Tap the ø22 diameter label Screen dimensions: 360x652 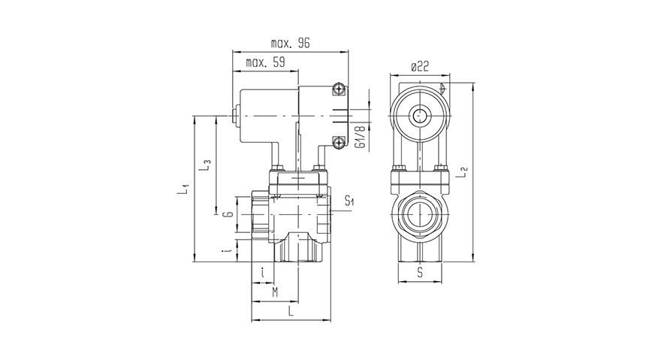point(419,67)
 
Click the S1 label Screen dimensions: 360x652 point(349,201)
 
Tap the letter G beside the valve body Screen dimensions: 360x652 point(225,216)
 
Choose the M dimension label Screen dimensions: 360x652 point(274,291)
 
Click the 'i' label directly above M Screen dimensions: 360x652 point(261,272)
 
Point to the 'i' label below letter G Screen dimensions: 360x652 point(225,250)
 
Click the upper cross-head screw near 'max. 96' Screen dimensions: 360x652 point(340,90)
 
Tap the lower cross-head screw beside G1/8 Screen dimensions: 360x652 point(340,141)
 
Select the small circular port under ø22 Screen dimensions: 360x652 point(418,116)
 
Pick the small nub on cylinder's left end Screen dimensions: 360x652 point(234,116)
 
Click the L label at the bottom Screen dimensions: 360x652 point(290,310)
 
